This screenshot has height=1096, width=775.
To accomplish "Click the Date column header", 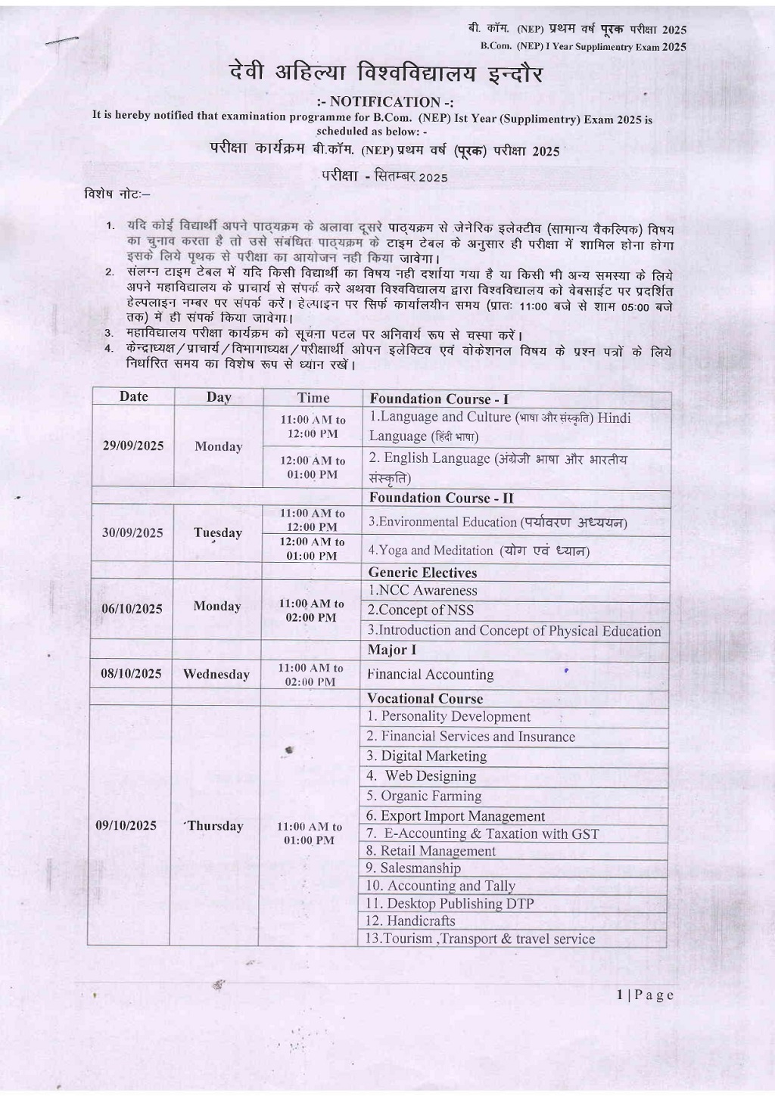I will pyautogui.click(x=133, y=396).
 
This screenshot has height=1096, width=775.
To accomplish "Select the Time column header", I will pyautogui.click(x=313, y=398).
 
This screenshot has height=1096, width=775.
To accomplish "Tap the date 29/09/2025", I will pyautogui.click(x=133, y=446).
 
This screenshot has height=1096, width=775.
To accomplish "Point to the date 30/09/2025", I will pyautogui.click(x=132, y=532).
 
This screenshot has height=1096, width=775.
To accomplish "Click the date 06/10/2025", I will pyautogui.click(x=132, y=609).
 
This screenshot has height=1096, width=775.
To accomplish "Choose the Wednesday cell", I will pyautogui.click(x=216, y=674).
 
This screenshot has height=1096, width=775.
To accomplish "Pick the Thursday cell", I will pyautogui.click(x=215, y=825).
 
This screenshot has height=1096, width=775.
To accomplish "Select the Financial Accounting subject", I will pyautogui.click(x=430, y=674).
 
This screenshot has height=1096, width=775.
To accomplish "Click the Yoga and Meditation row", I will pyautogui.click(x=478, y=550).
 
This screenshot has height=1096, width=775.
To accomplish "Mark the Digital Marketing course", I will pyautogui.click(x=426, y=756).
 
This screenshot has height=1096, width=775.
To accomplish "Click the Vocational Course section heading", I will pyautogui.click(x=425, y=698).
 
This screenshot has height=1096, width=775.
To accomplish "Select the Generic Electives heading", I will pyautogui.click(x=422, y=573).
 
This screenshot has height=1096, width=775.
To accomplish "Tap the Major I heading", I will pyautogui.click(x=391, y=650).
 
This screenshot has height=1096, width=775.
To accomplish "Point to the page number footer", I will pyautogui.click(x=644, y=995).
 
